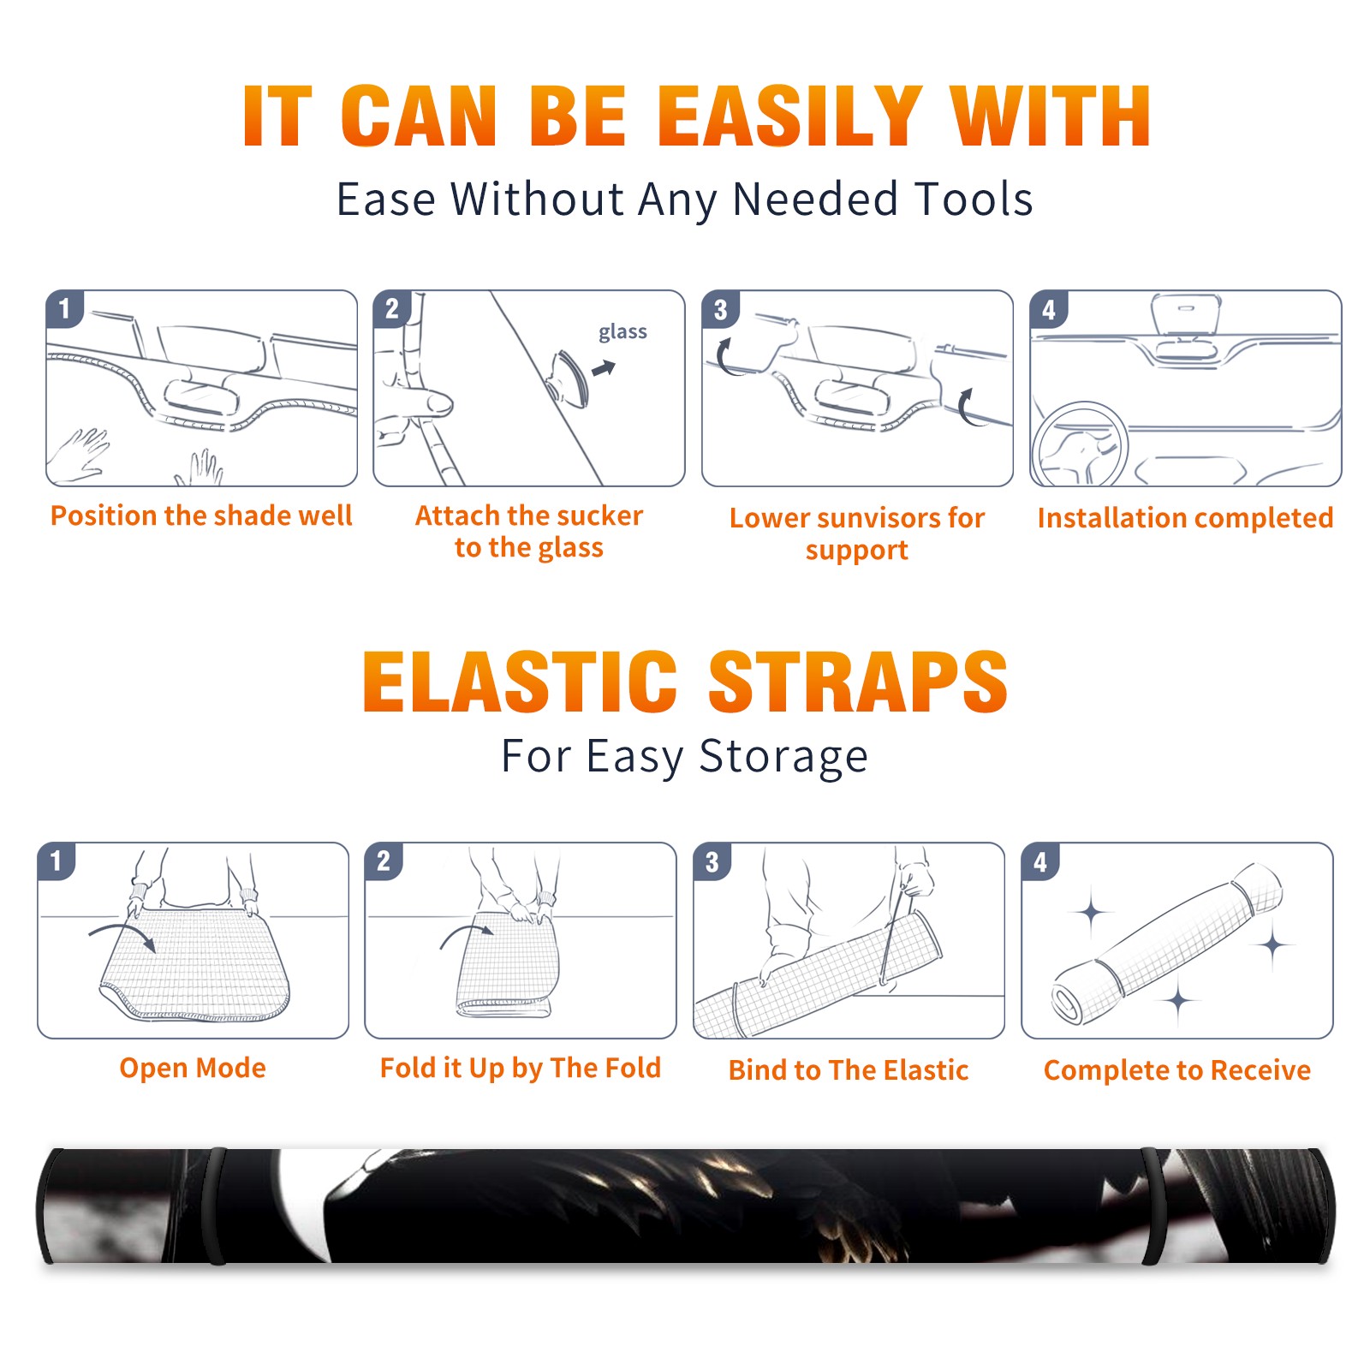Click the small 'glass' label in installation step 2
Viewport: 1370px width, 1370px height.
tap(622, 332)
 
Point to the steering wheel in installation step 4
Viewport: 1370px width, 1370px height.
tap(1080, 444)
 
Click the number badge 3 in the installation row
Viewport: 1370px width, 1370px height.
tap(720, 309)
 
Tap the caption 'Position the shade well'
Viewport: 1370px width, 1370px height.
tap(201, 515)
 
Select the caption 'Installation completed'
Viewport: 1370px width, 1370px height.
tap(1185, 517)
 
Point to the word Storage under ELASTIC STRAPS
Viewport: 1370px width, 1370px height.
tap(783, 757)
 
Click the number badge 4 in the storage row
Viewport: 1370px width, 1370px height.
tap(1039, 861)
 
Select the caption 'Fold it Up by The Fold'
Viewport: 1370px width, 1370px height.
tap(521, 1068)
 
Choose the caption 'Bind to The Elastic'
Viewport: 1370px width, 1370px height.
tap(849, 1069)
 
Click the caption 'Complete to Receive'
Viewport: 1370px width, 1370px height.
tap(1177, 1069)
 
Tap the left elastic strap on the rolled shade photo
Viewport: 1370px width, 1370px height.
tap(215, 1206)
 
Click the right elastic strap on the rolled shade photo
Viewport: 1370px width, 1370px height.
tap(1153, 1206)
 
